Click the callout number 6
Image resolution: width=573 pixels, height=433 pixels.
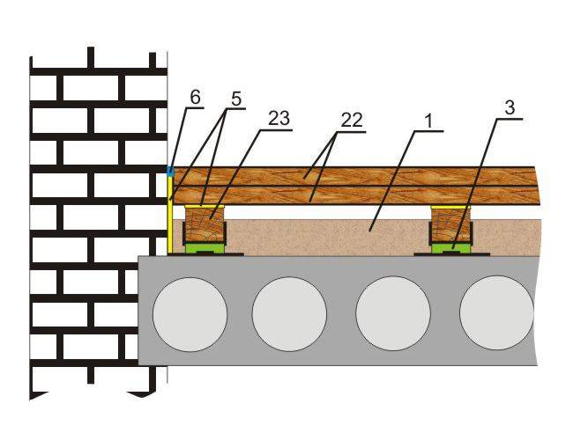tap(195, 98)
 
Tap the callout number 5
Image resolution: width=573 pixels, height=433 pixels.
tap(236, 99)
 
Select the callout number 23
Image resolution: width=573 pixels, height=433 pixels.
tap(279, 118)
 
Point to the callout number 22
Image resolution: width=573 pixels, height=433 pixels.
tap(352, 120)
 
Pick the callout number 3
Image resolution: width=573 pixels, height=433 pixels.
tap(510, 107)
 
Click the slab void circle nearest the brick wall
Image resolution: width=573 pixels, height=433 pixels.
tap(190, 313)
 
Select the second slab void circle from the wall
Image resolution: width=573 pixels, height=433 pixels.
tap(289, 313)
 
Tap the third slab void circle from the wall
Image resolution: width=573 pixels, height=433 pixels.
tap(393, 313)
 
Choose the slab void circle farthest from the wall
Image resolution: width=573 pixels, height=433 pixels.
tap(497, 313)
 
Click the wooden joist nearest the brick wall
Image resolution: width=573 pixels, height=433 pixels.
tap(205, 225)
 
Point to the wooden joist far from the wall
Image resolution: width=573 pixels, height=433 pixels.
tap(450, 225)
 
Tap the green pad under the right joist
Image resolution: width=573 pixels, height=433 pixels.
tap(451, 247)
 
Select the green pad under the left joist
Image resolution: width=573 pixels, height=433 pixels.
tap(205, 248)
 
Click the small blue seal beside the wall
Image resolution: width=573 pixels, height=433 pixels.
tap(169, 170)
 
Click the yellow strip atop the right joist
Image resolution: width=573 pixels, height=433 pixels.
tap(450, 207)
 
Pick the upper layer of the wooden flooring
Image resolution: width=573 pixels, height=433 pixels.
tap(354, 177)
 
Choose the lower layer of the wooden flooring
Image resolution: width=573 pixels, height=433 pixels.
tap(355, 195)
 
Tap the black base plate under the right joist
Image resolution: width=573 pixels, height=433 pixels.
tap(451, 254)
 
